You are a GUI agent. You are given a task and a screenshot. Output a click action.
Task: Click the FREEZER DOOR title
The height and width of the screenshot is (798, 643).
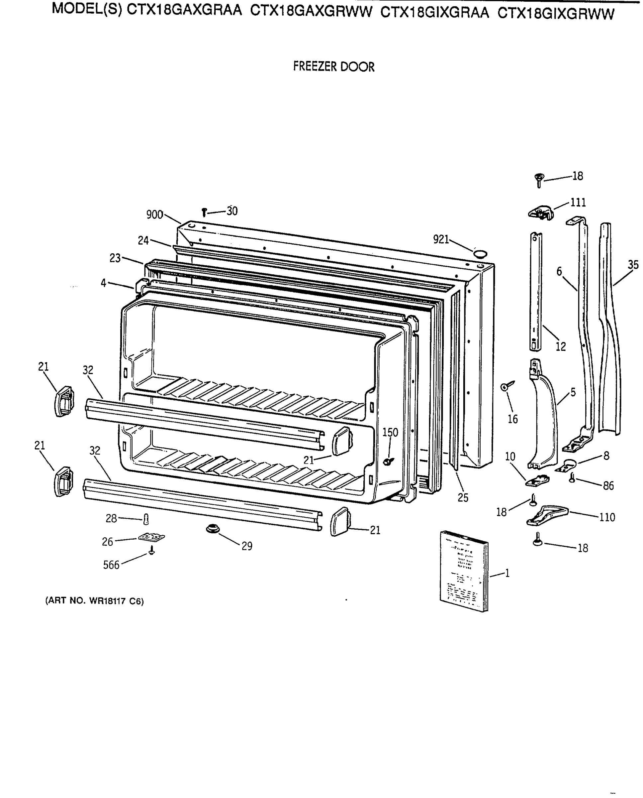point(334,67)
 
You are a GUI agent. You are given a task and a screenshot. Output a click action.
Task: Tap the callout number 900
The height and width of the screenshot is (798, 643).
point(154,215)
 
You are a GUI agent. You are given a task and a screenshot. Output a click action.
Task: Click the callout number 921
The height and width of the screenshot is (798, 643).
point(441,239)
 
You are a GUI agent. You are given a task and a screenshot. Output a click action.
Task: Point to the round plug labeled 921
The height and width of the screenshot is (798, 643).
point(480,253)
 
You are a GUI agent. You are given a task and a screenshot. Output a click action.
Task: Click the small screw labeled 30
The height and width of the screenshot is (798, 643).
point(204,212)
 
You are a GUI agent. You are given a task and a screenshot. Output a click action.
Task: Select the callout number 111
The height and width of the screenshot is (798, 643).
point(578,202)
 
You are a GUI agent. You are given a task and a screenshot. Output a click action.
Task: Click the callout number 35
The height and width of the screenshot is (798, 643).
point(633,265)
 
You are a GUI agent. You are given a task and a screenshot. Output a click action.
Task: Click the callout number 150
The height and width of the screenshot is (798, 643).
point(390,432)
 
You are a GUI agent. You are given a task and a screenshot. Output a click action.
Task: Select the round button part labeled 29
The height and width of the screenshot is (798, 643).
point(213,528)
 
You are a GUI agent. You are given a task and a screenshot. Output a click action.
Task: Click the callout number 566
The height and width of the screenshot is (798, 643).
point(111,565)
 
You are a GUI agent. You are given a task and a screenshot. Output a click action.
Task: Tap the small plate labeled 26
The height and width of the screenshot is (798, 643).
point(151,537)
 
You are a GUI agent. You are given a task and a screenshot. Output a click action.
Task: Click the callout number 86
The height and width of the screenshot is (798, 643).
point(608,485)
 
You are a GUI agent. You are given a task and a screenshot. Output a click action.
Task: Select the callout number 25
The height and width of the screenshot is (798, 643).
point(463,498)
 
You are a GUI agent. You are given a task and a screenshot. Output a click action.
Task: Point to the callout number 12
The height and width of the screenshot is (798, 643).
point(561,347)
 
